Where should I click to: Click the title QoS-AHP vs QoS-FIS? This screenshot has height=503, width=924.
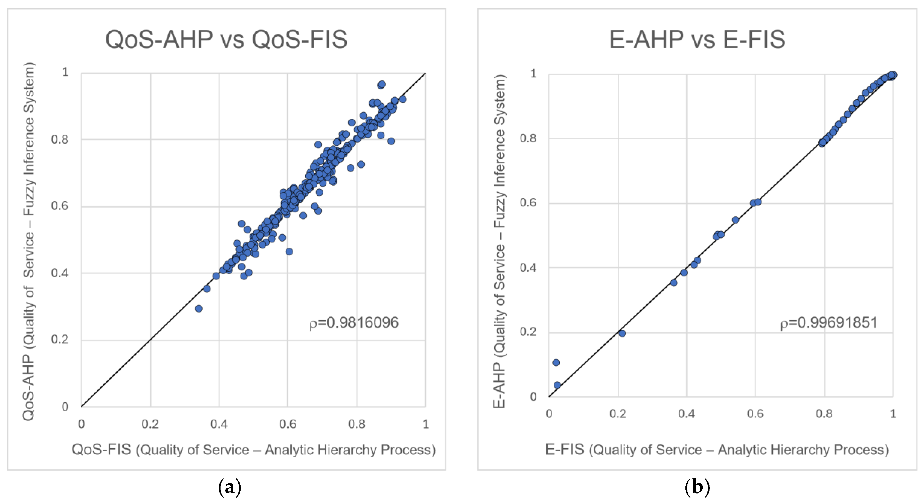tap(226, 39)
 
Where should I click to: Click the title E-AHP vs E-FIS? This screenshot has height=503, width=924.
tap(697, 39)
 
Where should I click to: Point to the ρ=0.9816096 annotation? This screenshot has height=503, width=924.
tap(354, 323)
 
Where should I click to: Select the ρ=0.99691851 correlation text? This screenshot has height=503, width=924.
tap(829, 323)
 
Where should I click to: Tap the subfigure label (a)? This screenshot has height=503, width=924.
tap(230, 487)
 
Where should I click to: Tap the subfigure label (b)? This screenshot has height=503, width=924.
tap(697, 487)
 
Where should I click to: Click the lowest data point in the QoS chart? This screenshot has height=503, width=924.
tap(199, 308)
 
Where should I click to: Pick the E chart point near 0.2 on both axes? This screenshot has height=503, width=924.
tap(622, 333)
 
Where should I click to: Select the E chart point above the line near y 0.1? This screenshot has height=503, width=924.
tap(556, 362)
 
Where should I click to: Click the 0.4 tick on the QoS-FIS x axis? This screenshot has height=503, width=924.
tap(219, 424)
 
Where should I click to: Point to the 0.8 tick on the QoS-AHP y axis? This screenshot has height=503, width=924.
tap(60, 139)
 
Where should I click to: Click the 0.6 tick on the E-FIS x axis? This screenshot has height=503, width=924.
tap(755, 414)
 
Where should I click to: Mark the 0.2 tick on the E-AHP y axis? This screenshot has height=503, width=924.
tap(528, 332)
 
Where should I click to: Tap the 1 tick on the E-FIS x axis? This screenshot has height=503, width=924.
tap(893, 414)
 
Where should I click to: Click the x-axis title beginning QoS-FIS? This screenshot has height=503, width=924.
tap(254, 450)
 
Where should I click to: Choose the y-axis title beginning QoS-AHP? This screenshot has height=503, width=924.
tap(29, 241)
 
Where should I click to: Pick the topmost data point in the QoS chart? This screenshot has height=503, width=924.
tap(382, 84)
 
